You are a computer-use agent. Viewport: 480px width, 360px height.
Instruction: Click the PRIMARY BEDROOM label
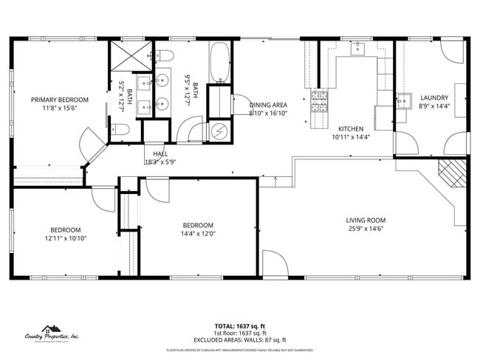tap(59, 100)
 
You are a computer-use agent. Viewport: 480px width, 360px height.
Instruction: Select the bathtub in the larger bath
tap(219, 63)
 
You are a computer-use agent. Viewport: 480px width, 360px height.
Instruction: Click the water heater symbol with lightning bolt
tap(219, 131)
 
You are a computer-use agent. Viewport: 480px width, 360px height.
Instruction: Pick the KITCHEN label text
tap(351, 128)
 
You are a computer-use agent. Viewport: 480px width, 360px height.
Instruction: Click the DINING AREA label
tap(268, 105)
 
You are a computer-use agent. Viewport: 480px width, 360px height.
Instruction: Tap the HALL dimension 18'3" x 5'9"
tap(160, 162)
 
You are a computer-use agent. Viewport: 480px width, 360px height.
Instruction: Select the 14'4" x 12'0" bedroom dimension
tap(198, 234)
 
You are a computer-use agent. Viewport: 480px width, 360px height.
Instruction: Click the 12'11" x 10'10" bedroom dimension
tap(66, 238)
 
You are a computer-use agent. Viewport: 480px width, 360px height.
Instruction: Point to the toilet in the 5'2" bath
tap(123, 130)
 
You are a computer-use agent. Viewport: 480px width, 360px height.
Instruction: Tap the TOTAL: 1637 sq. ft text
tap(240, 326)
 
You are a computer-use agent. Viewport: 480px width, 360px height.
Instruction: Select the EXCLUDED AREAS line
tap(240, 340)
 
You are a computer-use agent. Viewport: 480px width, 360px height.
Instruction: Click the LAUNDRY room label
tap(433, 98)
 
